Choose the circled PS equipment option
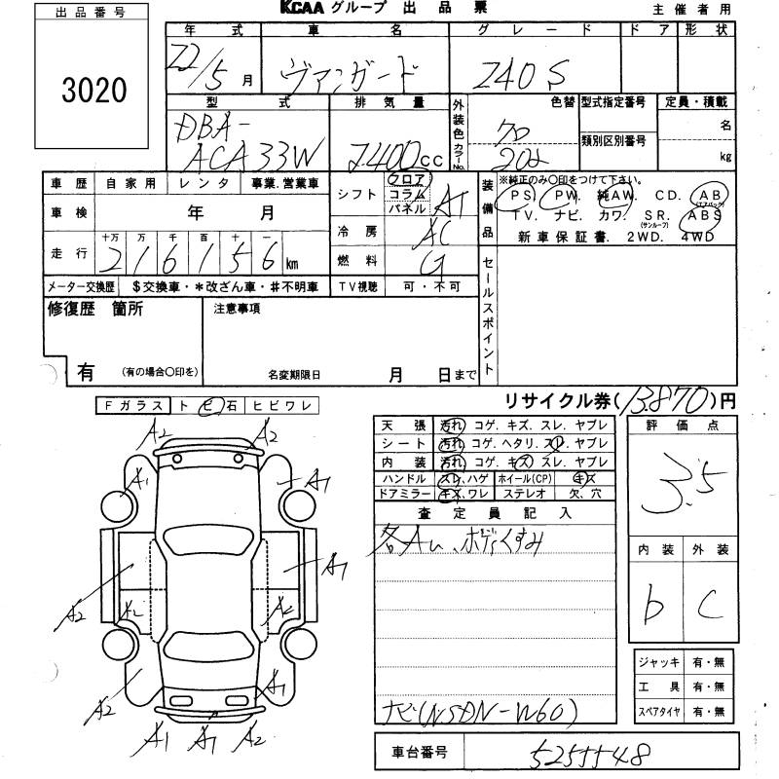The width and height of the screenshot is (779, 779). (x=514, y=195)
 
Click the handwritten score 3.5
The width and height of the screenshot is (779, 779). (x=686, y=480)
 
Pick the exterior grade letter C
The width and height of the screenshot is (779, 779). (x=710, y=609)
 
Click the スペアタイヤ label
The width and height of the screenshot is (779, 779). (x=659, y=712)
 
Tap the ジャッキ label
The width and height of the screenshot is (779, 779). (x=659, y=663)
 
